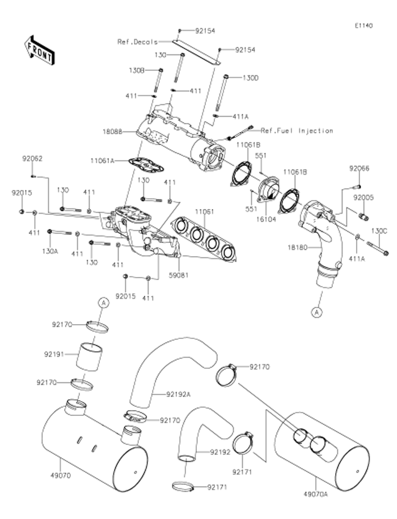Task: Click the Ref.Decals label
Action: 137,41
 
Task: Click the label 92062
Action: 32,159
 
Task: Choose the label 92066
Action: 358,168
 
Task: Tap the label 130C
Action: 379,231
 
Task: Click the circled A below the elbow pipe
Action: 316,311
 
